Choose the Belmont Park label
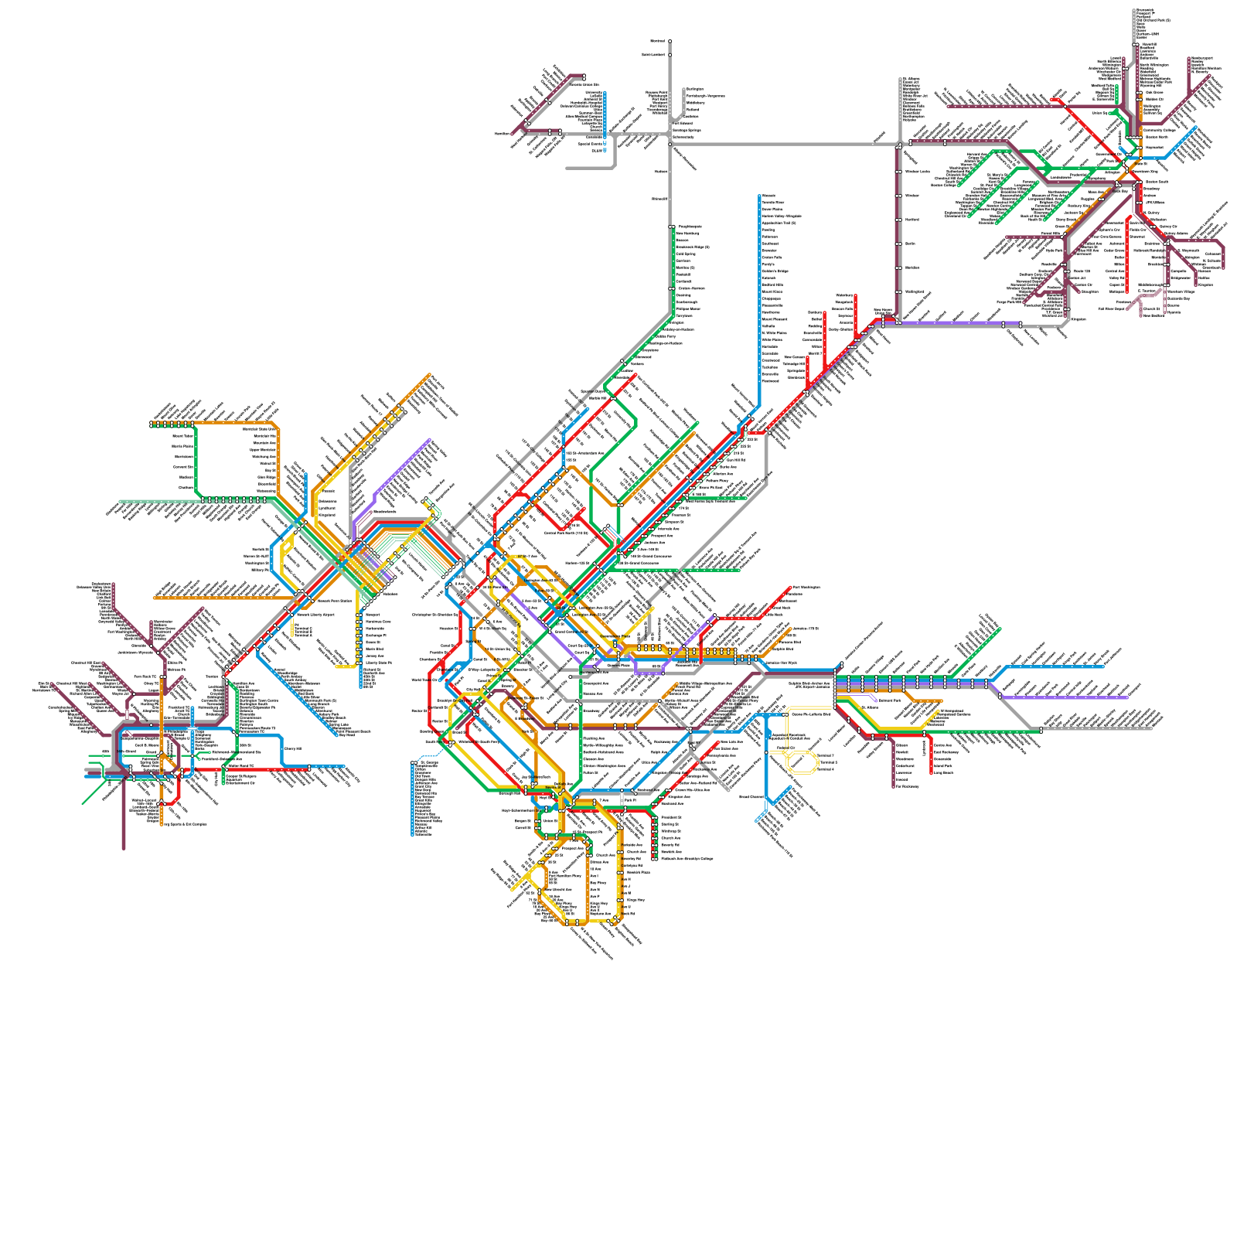tap(890, 700)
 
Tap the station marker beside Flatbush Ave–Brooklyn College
tap(655, 859)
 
